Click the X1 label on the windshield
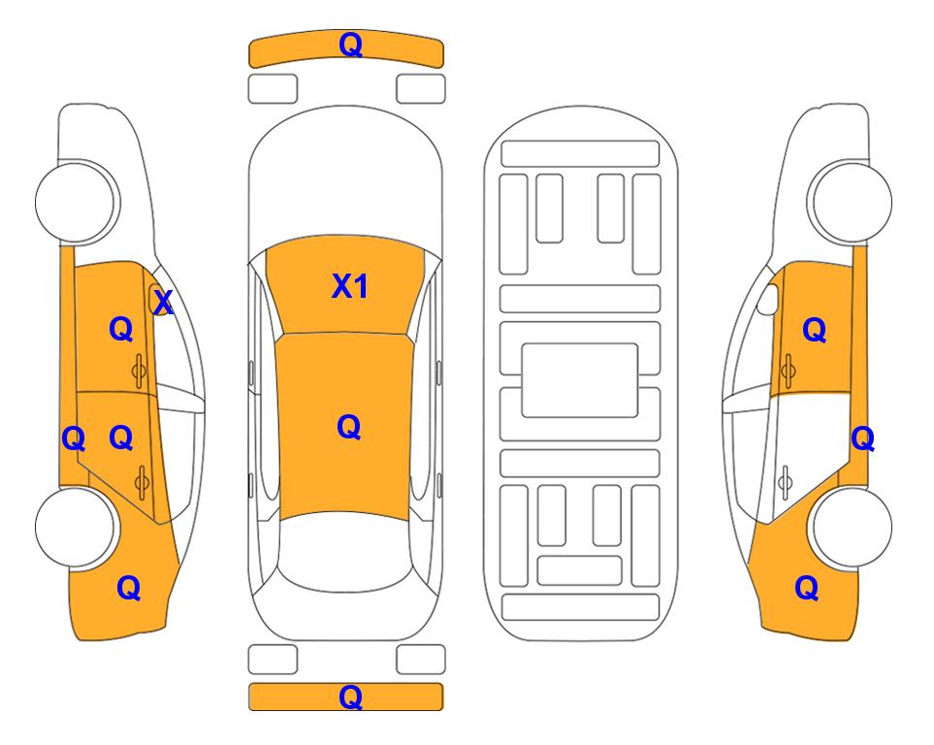pos(350,286)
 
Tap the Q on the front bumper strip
pos(350,45)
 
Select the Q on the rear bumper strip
pos(350,696)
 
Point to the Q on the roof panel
pos(348,427)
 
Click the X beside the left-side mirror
pos(163,303)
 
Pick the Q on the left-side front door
pos(121,329)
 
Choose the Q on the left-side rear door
pos(121,438)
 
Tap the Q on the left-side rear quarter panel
pos(129,588)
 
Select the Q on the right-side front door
pos(815,330)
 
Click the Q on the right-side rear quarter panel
pos(807,588)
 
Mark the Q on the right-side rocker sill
pos(862,439)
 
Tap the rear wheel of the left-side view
pos(75,527)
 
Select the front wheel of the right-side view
pos(850,202)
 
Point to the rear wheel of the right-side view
pos(850,528)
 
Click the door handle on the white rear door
pos(786,483)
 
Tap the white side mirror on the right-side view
pos(767,300)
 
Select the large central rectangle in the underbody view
pos(580,380)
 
